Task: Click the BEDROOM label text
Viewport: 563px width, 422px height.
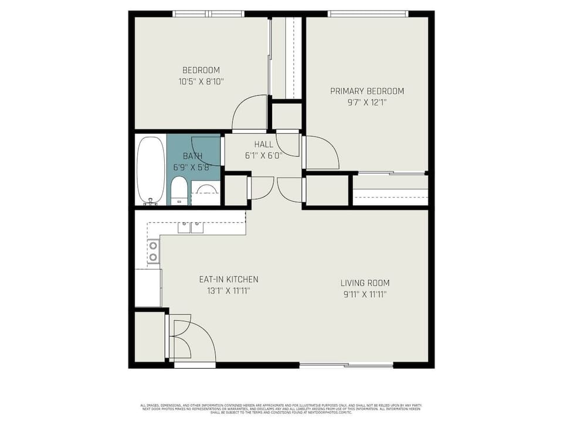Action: [x=201, y=70]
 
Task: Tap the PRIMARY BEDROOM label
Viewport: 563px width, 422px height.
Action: [x=367, y=91]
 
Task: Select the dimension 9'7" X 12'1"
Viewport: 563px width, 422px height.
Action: [x=367, y=102]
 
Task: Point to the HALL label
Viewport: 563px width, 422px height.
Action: [x=263, y=144]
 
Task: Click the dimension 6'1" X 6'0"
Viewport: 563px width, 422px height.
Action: [x=263, y=155]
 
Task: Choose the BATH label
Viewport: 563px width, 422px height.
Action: [x=192, y=156]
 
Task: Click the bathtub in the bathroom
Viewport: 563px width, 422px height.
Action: [x=151, y=170]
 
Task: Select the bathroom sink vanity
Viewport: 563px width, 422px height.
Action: [x=205, y=193]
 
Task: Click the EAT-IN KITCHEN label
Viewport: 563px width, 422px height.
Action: [x=228, y=280]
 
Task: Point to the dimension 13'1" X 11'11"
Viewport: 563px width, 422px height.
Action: [x=228, y=290]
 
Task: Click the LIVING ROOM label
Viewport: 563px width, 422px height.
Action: [x=365, y=283]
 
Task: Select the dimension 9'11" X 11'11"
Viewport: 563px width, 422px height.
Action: [x=365, y=294]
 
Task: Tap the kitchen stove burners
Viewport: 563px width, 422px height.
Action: [x=153, y=251]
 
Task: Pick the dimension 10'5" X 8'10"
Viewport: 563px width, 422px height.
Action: [x=201, y=81]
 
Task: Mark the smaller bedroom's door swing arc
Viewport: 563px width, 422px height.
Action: [x=249, y=113]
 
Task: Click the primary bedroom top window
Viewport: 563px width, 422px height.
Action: [x=368, y=14]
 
